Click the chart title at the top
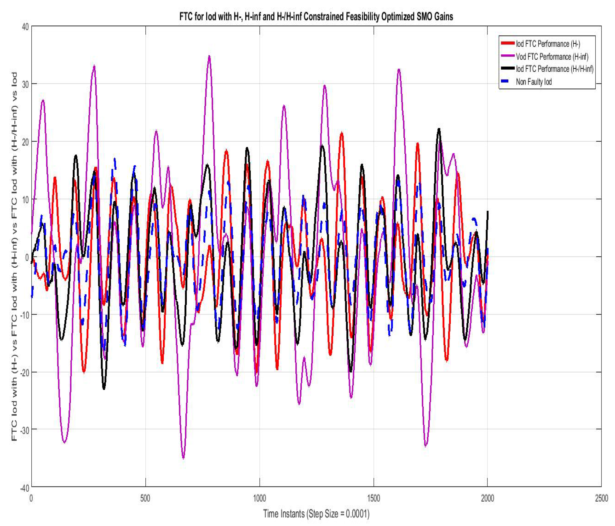click(x=316, y=16)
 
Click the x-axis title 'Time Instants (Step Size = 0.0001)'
click(x=316, y=513)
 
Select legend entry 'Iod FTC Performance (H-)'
click(x=548, y=44)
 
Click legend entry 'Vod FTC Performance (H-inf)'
click(x=552, y=56)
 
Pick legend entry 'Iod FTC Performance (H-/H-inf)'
click(x=554, y=69)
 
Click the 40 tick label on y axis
click(x=25, y=27)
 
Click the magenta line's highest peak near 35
click(x=209, y=56)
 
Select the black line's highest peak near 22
click(x=439, y=129)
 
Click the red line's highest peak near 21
click(x=342, y=133)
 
